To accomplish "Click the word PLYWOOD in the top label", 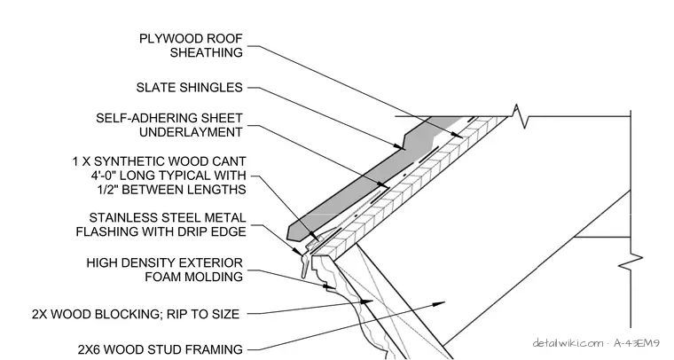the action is point(167,39).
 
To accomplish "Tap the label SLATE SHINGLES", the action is point(190,88).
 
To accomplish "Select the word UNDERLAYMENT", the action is point(191,132).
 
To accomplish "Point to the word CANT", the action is point(230,161).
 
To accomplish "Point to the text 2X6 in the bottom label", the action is point(89,349).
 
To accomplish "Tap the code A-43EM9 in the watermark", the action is point(637,343).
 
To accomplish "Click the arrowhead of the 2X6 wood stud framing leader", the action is point(438,304).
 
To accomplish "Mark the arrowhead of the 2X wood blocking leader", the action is point(366,302).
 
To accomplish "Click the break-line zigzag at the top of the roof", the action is point(520,116).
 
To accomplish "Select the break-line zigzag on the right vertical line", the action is point(631,261).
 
